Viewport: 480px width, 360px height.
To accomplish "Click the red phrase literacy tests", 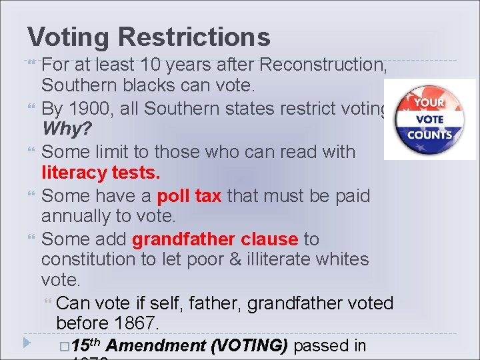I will click(x=101, y=173).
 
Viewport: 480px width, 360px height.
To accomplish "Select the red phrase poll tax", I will click(x=189, y=195).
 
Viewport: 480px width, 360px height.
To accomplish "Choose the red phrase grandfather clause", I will click(x=215, y=239).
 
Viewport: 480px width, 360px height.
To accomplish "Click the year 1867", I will click(x=137, y=324).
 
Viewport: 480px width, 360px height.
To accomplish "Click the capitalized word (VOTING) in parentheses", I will click(x=249, y=345).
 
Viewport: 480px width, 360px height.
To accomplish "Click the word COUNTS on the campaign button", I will click(x=429, y=134).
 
